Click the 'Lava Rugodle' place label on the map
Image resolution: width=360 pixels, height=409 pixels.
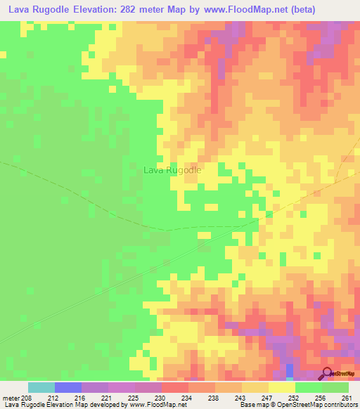172,170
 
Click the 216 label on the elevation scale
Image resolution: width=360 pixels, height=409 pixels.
78,398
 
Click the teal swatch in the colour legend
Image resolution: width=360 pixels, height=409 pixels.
41,387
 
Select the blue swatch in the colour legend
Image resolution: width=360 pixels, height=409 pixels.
67,387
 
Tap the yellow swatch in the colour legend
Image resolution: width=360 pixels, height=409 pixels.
281,387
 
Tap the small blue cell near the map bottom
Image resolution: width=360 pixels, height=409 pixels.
290,370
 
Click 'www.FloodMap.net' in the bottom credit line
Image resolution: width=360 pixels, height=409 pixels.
155,405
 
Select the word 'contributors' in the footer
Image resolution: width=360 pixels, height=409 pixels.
337,405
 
